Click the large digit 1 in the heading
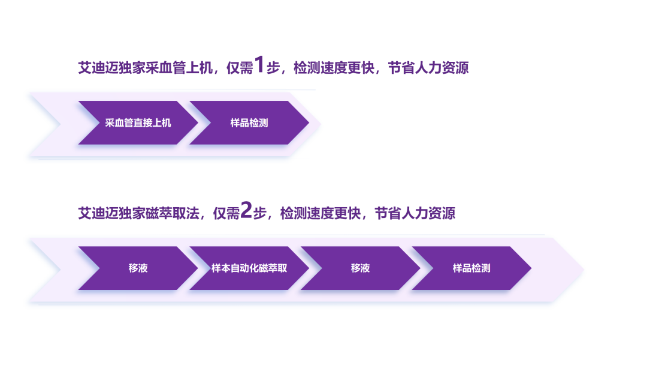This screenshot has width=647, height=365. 259,65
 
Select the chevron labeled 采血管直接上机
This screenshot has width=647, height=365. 138,123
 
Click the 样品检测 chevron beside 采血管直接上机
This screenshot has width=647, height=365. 249,123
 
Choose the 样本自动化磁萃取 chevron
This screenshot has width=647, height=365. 249,268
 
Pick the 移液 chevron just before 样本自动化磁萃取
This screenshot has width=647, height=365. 138,268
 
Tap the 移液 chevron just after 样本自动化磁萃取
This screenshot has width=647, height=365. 360,268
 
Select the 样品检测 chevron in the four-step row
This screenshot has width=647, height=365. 471,268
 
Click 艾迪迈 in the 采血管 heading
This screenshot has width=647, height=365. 98,68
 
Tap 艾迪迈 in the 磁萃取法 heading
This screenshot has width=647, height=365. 98,213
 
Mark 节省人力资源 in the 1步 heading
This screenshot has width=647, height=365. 428,68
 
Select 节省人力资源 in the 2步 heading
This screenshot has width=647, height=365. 415,213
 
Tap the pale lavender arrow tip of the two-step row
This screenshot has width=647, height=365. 313,124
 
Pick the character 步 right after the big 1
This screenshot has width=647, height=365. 273,68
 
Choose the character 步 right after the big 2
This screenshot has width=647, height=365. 259,213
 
